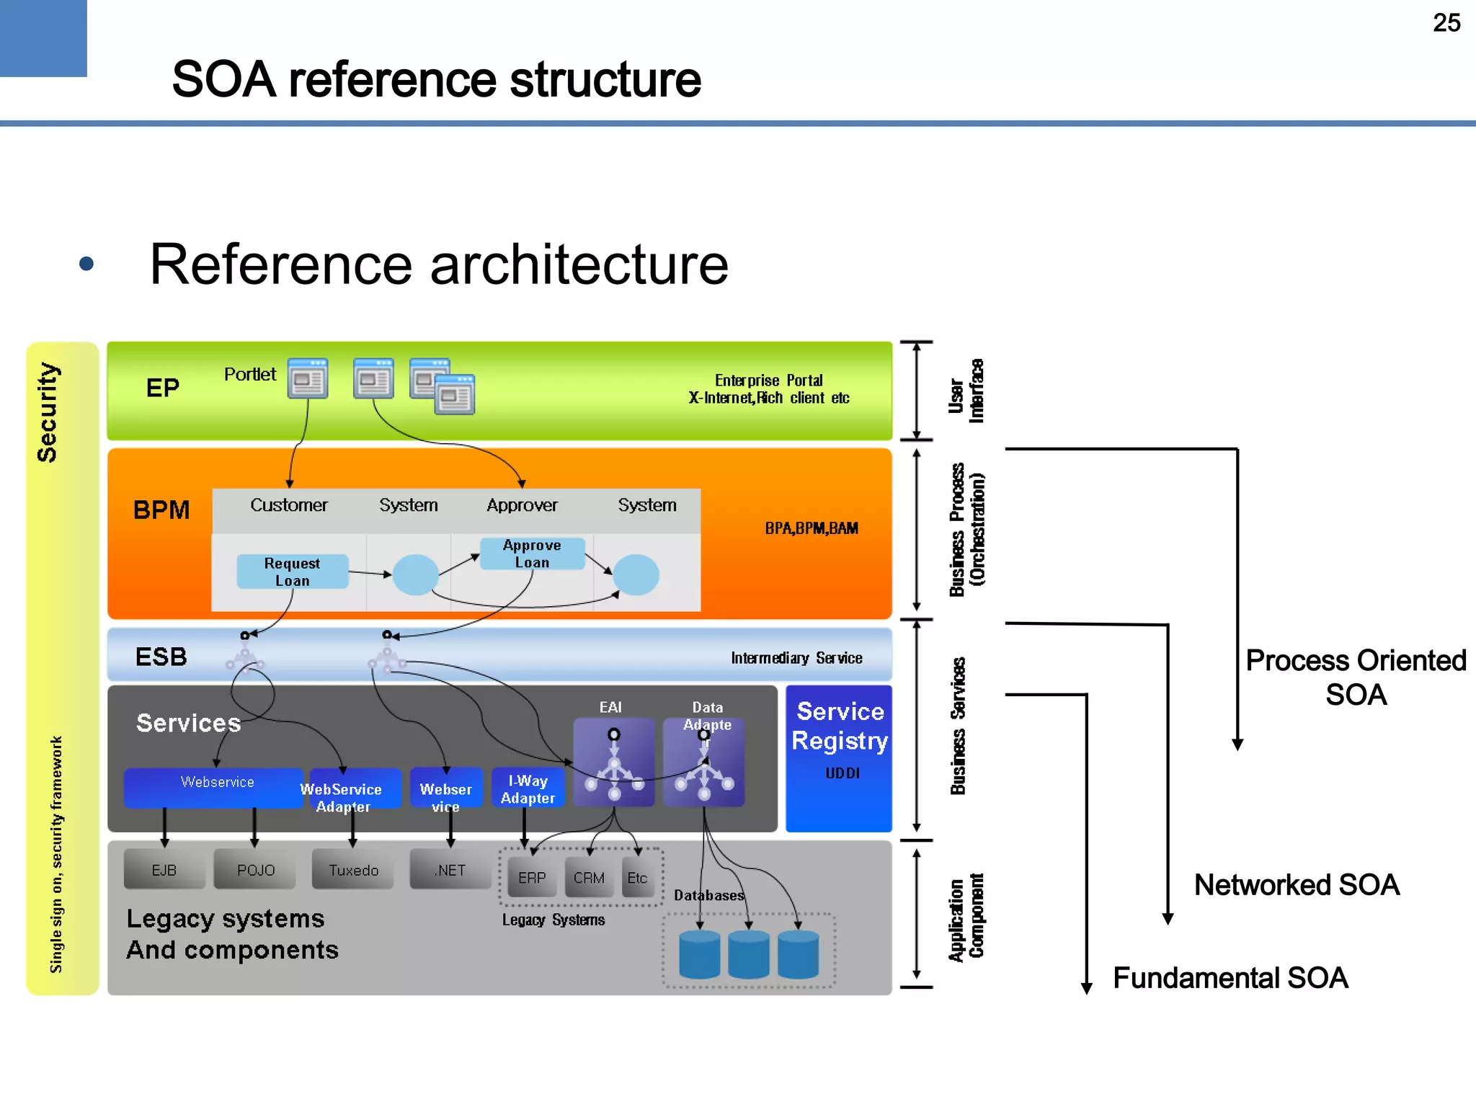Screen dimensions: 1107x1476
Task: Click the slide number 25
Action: (1446, 23)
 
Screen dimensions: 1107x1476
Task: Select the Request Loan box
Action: (292, 572)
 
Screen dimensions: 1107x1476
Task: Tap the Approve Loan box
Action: (532, 553)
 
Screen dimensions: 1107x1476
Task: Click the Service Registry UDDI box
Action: (839, 757)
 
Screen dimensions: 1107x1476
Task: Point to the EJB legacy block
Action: (164, 870)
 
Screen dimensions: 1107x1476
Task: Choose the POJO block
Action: (256, 870)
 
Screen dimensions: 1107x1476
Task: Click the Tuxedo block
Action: (353, 870)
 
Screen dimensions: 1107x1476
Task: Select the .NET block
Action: (450, 870)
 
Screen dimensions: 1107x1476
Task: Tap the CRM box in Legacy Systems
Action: (589, 878)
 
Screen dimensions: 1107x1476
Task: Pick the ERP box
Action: (532, 878)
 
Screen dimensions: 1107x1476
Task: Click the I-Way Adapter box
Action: (528, 788)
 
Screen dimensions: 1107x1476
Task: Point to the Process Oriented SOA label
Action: (1356, 677)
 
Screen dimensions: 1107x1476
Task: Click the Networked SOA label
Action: (1296, 885)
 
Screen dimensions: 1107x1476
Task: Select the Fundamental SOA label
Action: (1230, 978)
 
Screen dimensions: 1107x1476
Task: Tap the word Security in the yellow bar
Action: (48, 412)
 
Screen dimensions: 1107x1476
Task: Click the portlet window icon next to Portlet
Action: (308, 378)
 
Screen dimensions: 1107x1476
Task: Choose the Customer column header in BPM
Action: (289, 505)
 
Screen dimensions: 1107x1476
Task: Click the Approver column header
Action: (522, 505)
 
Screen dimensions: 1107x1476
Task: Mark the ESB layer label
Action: (161, 657)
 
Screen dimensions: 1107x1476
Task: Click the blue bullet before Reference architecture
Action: (86, 264)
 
